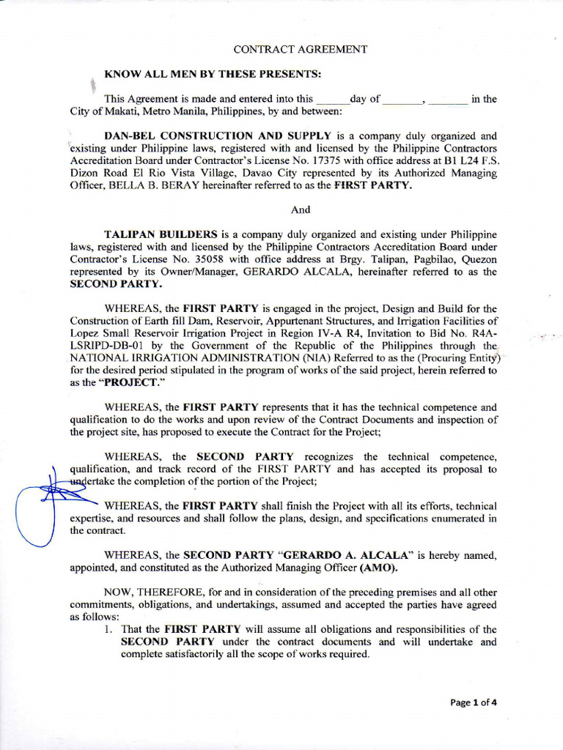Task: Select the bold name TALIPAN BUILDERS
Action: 161,234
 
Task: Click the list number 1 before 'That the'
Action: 108,629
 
